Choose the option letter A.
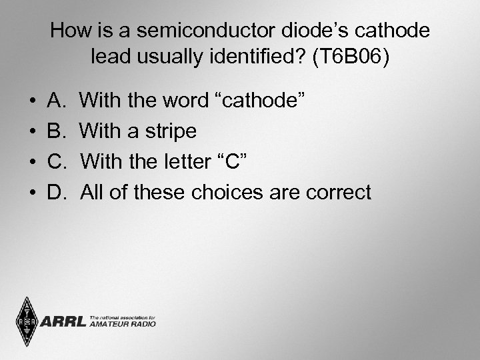(x=56, y=101)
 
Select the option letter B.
(x=56, y=131)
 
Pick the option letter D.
(x=57, y=193)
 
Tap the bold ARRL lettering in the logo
(x=63, y=322)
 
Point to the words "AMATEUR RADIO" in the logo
(x=122, y=325)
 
